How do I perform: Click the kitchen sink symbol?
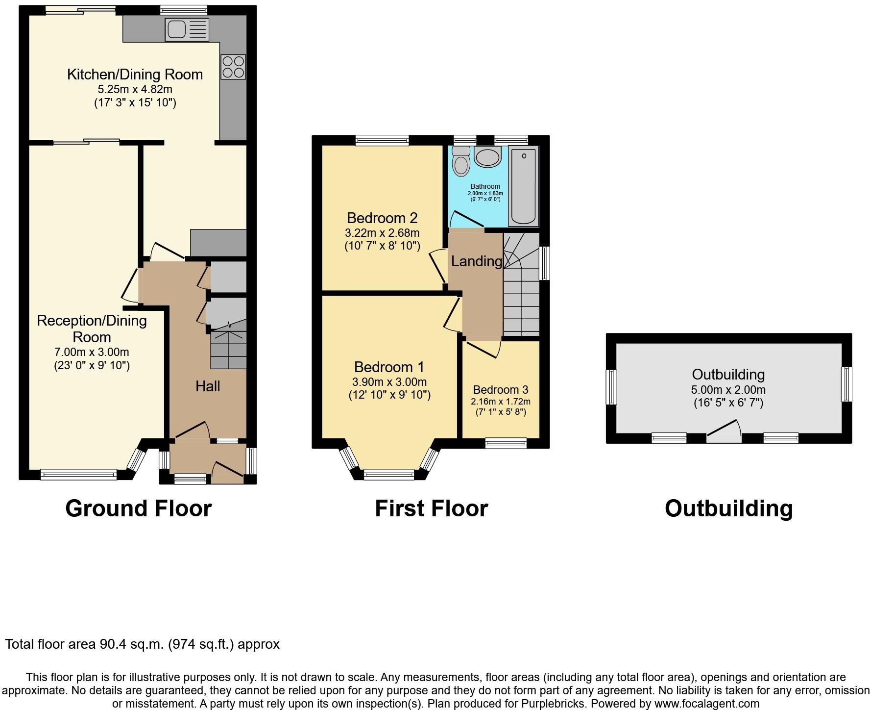[x=187, y=29]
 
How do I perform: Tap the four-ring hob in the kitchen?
[x=233, y=67]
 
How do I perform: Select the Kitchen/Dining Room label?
[x=135, y=75]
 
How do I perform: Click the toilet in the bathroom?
[x=461, y=160]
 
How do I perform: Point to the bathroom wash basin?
[x=487, y=157]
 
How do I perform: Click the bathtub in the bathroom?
[x=524, y=186]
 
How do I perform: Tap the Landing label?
[x=476, y=261]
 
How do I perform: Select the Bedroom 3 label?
[x=500, y=390]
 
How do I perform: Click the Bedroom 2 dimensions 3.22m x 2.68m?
[x=382, y=233]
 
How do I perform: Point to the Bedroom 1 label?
[x=389, y=367]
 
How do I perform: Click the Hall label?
[x=207, y=386]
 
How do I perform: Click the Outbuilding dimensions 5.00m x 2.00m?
[x=728, y=390]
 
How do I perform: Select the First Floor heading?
[x=431, y=508]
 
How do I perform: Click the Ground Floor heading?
[x=138, y=508]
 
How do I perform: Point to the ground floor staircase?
[x=228, y=350]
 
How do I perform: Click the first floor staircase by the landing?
[x=521, y=294]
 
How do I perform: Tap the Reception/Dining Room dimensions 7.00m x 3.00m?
[x=92, y=352]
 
